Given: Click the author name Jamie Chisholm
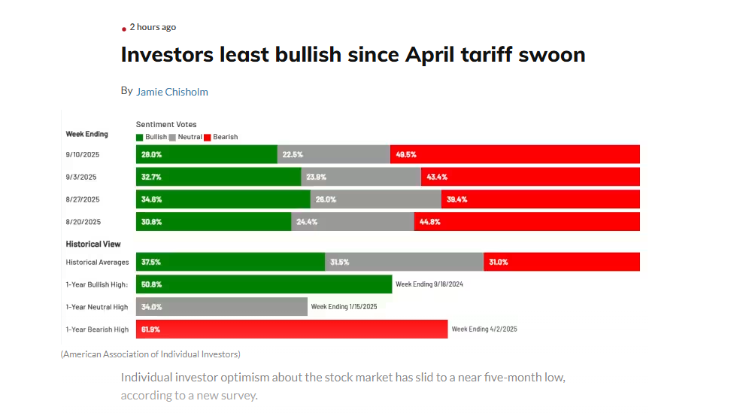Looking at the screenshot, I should pyautogui.click(x=171, y=92).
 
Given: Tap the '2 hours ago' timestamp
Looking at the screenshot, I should pyautogui.click(x=153, y=27).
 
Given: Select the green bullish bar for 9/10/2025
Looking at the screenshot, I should pyautogui.click(x=207, y=154).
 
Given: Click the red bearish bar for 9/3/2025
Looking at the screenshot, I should pyautogui.click(x=530, y=177).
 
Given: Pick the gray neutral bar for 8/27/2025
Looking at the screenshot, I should pyautogui.click(x=375, y=199).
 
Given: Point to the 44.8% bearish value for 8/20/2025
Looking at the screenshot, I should pyautogui.click(x=430, y=222).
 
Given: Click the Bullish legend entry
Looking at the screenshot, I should pyautogui.click(x=152, y=137).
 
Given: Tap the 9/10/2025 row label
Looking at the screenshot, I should pyautogui.click(x=83, y=154).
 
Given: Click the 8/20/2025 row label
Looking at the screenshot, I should pyautogui.click(x=83, y=222).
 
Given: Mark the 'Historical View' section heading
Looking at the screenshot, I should pyautogui.click(x=93, y=244).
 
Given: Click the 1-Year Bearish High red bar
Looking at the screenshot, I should pyautogui.click(x=292, y=329).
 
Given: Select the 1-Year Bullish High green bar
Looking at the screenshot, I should pyautogui.click(x=264, y=284).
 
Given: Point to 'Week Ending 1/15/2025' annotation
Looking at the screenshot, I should pyautogui.click(x=344, y=307).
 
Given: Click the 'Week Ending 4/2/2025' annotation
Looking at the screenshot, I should pyautogui.click(x=484, y=329).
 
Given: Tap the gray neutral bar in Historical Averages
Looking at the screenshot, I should pyautogui.click(x=404, y=262).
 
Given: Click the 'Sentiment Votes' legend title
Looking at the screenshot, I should pyautogui.click(x=166, y=124).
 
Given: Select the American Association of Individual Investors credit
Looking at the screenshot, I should pyautogui.click(x=150, y=354).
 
